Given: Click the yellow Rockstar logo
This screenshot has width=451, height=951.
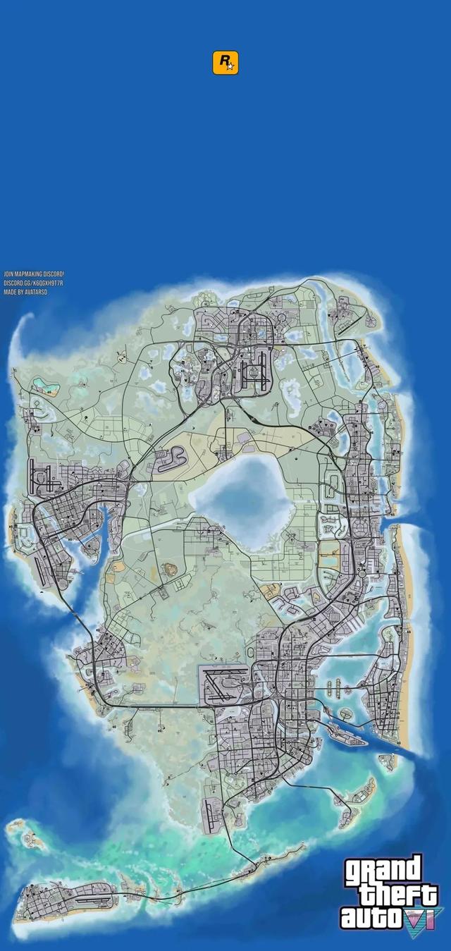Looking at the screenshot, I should pos(225,62).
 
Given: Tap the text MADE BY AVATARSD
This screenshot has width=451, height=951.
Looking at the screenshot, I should pos(25,292).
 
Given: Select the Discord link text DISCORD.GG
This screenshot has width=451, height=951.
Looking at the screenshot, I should pos(33,283).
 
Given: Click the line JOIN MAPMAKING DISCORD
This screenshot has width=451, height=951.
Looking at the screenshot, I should pos(34,274).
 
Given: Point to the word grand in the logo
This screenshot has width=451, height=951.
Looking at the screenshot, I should pos(383,873).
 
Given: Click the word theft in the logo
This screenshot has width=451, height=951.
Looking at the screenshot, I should pos(398,895).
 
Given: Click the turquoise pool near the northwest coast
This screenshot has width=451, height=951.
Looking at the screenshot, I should pos(46,385).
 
